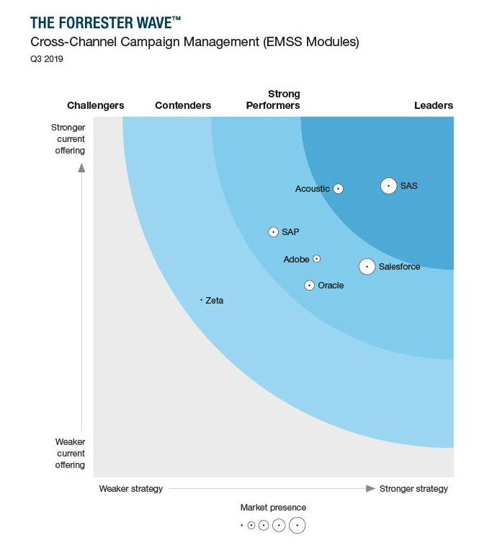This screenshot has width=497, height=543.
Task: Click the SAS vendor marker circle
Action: [388, 186]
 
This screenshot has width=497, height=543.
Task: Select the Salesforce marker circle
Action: [367, 267]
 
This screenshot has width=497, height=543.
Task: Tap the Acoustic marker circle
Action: [338, 189]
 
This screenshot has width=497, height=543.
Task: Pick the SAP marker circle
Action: [273, 232]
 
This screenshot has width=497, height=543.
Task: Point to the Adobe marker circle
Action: [316, 259]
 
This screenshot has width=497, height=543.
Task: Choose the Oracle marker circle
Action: [309, 286]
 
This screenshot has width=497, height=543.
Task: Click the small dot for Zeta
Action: [201, 300]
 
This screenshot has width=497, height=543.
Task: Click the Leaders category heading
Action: [434, 105]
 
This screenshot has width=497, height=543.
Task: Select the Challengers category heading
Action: [96, 105]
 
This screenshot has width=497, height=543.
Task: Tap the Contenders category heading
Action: [183, 105]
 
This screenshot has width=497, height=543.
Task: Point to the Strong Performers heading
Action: [273, 100]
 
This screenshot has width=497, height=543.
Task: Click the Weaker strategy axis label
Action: [131, 489]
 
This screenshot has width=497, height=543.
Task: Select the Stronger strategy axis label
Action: [413, 489]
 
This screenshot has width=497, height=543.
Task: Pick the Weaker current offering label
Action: [70, 454]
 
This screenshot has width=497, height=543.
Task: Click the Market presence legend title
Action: [273, 508]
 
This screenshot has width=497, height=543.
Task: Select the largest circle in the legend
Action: [297, 526]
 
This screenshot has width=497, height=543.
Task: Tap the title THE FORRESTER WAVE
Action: [105, 22]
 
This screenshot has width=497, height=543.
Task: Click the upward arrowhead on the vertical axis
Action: [81, 168]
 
